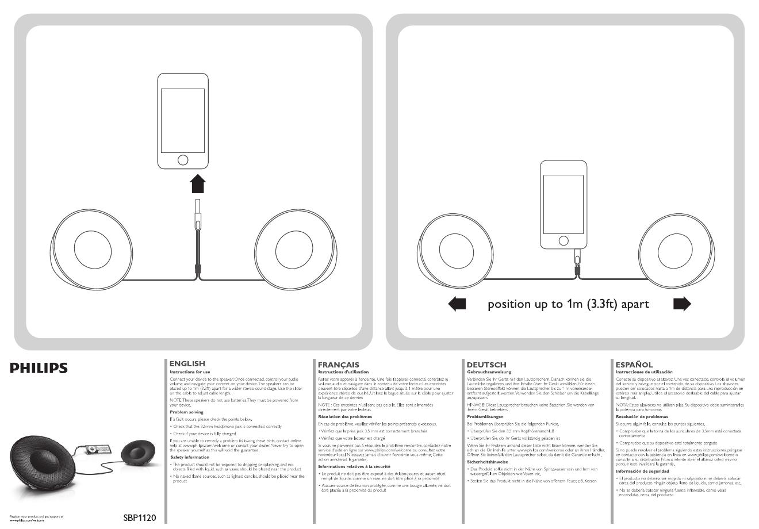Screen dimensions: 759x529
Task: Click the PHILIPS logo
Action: (47, 369)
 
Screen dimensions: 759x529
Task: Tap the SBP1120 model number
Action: (139, 517)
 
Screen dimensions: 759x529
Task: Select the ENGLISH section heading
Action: (187, 363)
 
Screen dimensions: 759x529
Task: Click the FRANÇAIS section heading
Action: (338, 365)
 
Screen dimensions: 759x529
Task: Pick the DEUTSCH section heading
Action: (486, 365)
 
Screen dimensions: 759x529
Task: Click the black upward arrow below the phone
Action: (197, 185)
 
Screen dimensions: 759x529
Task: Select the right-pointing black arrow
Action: (681, 304)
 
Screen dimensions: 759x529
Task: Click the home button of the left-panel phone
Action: (182, 159)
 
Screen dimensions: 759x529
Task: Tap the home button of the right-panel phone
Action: (563, 240)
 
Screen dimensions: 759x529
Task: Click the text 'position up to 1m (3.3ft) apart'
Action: (568, 304)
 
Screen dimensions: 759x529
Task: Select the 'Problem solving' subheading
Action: (187, 412)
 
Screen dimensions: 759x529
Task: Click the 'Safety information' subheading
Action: (190, 457)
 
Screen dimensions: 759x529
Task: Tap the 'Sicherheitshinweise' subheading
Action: (487, 462)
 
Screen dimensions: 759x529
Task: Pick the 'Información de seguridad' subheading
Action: (643, 471)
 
